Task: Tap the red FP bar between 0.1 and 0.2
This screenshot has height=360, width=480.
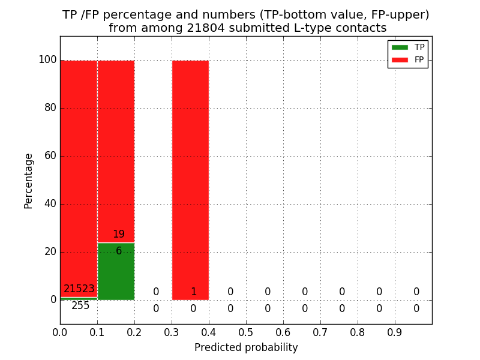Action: (116, 150)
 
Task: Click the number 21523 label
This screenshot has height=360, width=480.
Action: (79, 289)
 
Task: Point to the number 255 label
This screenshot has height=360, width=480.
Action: (80, 306)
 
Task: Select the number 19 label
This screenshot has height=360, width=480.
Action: (119, 235)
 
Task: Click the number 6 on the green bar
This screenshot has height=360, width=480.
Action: (119, 251)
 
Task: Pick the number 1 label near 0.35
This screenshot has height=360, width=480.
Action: (193, 292)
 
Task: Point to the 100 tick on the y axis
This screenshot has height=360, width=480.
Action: (47, 60)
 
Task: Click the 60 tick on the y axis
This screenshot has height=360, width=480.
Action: (50, 156)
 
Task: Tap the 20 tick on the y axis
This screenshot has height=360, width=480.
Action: (50, 252)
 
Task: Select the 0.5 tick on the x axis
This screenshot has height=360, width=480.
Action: (246, 332)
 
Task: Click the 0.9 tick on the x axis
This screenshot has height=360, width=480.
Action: (395, 332)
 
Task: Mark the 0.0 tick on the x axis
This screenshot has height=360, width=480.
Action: (60, 332)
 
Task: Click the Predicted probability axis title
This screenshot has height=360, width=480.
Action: (246, 348)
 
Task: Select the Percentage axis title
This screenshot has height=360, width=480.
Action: (29, 181)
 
